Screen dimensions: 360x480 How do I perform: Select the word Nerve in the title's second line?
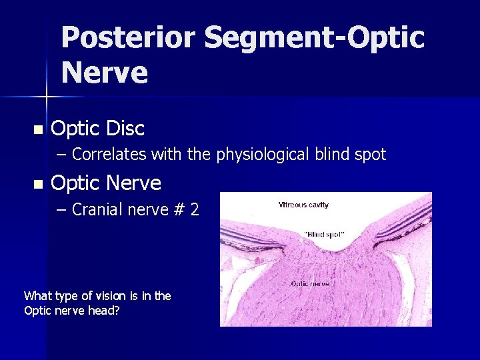click(105, 72)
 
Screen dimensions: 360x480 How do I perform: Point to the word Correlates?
click(109, 155)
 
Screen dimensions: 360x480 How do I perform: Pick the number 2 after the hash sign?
click(194, 209)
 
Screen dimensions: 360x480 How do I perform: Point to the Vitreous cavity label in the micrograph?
click(303, 205)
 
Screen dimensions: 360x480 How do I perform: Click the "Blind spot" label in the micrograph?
click(324, 235)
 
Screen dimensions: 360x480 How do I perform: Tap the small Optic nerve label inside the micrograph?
click(310, 283)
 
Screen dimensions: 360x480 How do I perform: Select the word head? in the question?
click(105, 310)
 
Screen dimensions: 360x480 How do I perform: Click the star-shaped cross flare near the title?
click(47, 97)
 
